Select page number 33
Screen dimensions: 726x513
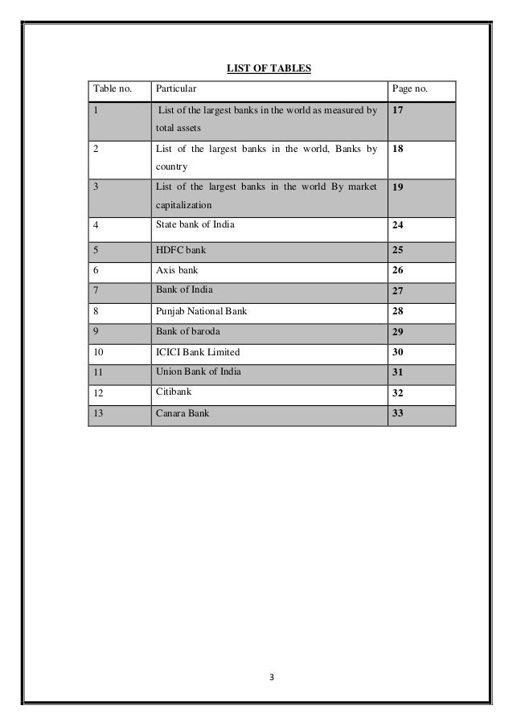click(398, 413)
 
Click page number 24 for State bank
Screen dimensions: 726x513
click(398, 225)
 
